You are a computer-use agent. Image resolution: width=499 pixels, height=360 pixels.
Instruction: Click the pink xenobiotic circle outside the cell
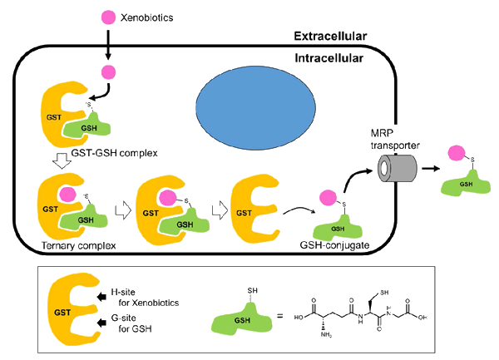108,17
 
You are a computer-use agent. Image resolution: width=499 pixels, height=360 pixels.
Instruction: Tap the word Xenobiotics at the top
146,17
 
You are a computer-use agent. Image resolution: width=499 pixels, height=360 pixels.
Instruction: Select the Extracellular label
330,36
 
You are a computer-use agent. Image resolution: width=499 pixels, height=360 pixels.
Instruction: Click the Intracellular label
329,58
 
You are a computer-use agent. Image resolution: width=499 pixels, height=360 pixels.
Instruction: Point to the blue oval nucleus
255,108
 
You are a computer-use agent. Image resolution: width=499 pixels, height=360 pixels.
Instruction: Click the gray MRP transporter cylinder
398,168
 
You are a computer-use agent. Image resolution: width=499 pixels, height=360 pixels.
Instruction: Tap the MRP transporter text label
395,140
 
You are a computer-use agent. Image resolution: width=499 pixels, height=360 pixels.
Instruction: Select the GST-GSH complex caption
114,153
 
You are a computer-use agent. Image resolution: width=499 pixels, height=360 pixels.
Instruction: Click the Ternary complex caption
79,245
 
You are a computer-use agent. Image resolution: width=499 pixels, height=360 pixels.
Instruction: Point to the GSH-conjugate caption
334,245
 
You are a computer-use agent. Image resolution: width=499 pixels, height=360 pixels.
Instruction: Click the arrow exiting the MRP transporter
431,168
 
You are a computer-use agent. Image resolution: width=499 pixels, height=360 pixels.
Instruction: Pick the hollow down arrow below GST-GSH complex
62,161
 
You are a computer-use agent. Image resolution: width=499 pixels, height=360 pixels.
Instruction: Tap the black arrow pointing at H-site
101,297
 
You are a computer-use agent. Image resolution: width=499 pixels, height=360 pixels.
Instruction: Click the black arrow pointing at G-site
101,323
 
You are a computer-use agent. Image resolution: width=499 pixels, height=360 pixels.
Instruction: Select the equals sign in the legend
279,317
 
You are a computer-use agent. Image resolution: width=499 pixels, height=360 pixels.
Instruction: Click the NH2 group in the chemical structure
326,334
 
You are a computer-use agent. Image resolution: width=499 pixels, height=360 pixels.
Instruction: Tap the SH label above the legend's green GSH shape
252,290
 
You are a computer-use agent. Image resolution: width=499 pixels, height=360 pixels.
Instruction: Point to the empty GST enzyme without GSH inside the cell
255,209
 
